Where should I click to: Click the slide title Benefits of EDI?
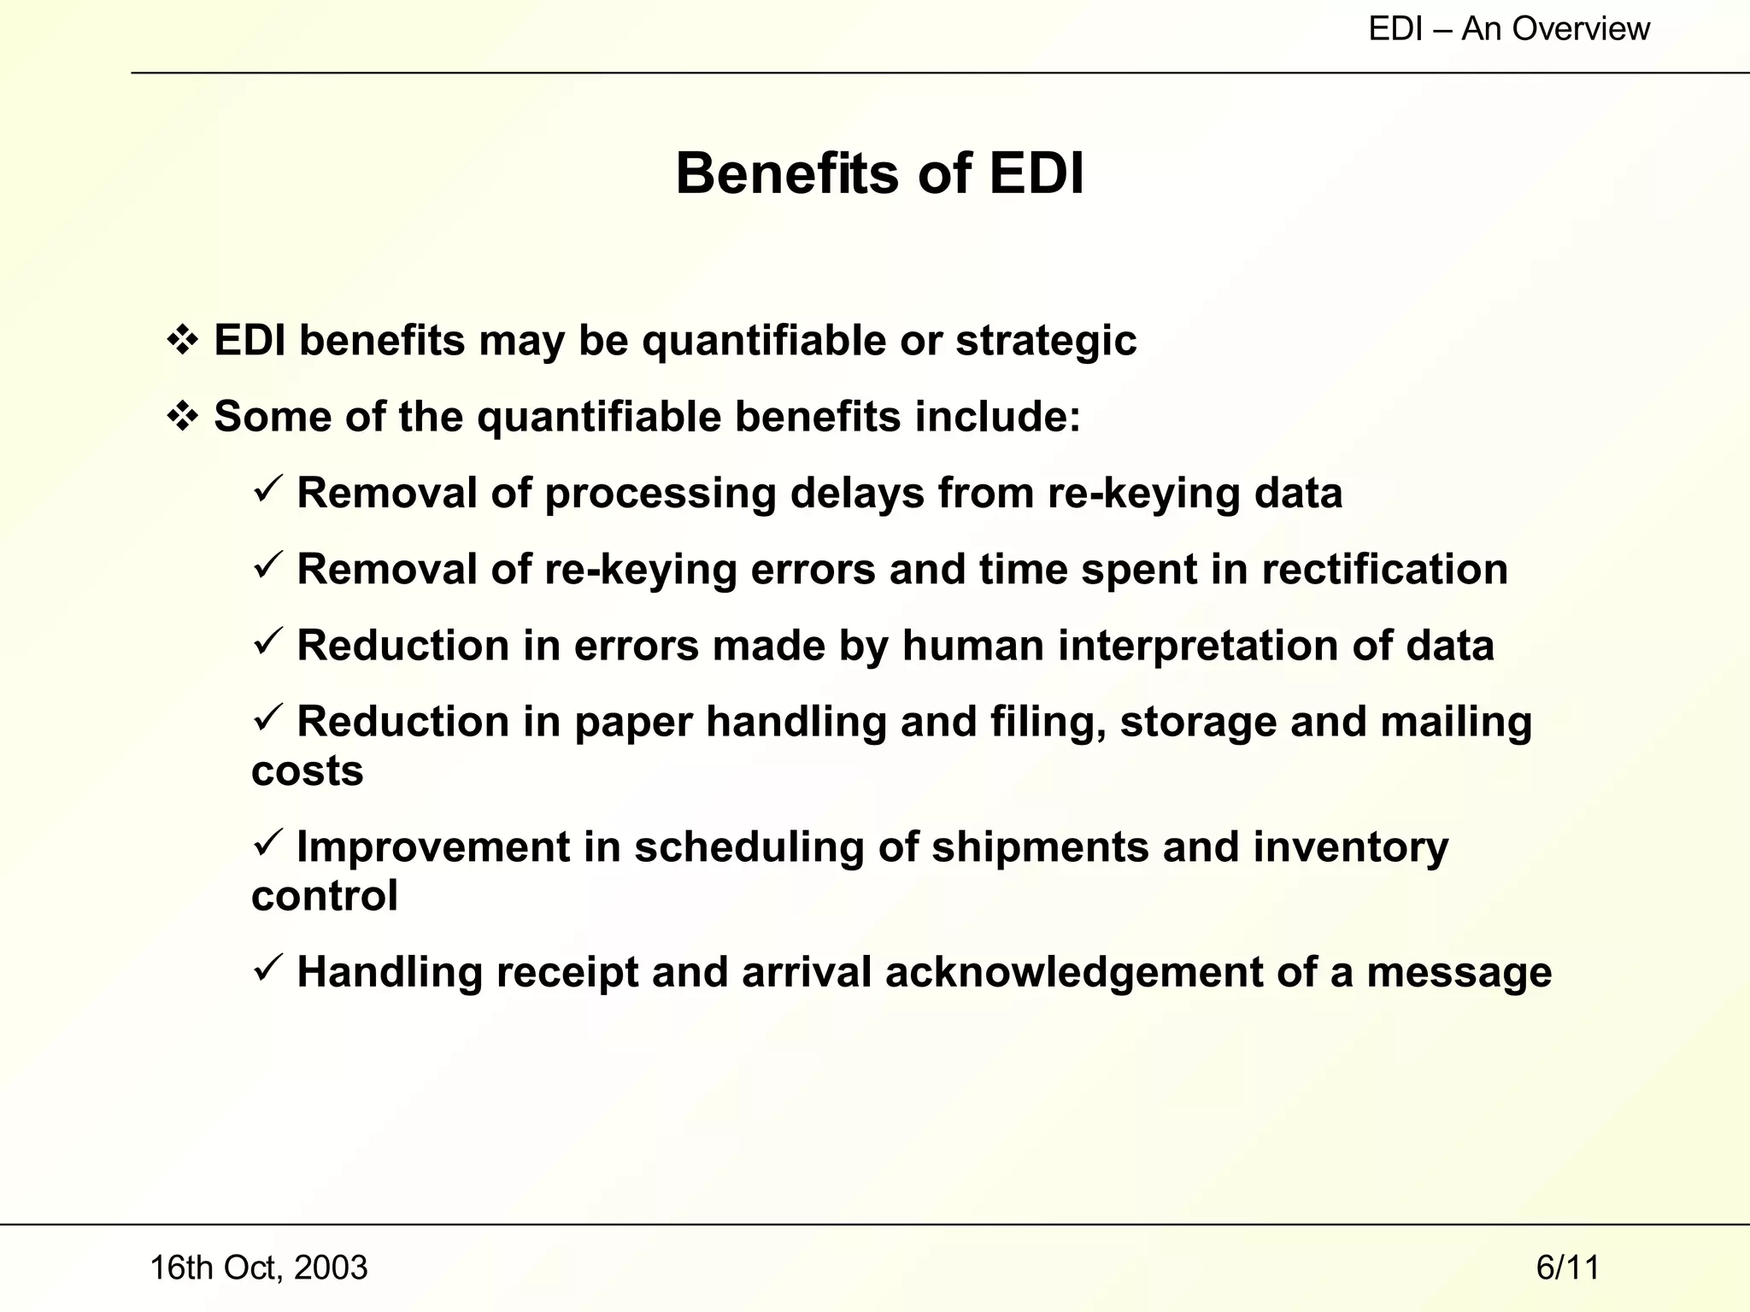tap(879, 174)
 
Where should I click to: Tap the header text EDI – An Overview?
tap(1508, 29)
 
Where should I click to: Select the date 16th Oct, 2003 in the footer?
tap(258, 1268)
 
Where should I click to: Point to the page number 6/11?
tap(1567, 1268)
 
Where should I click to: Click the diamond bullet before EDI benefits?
tap(182, 341)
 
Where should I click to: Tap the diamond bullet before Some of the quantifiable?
tap(182, 417)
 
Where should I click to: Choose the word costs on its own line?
tap(307, 771)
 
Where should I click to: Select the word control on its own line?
tap(324, 896)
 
